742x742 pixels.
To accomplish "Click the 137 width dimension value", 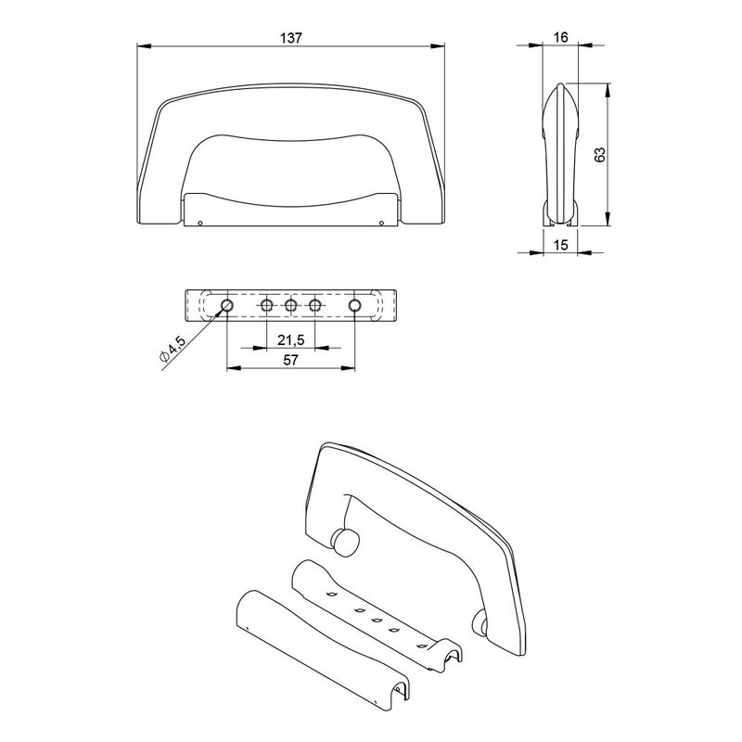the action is tap(290, 38).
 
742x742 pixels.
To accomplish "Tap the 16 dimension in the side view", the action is tap(560, 37).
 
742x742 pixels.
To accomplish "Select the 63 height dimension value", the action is tap(599, 155).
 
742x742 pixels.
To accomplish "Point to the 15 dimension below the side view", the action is tap(560, 245).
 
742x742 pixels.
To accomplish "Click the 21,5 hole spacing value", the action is tap(290, 339).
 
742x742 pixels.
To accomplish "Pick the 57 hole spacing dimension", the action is tap(290, 360).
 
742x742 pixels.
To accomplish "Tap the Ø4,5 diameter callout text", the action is tap(173, 349).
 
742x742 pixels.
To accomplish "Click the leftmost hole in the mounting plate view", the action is tap(227, 305).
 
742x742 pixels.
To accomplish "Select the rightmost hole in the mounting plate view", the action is tap(354, 305).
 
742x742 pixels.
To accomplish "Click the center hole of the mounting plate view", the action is tap(290, 306).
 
